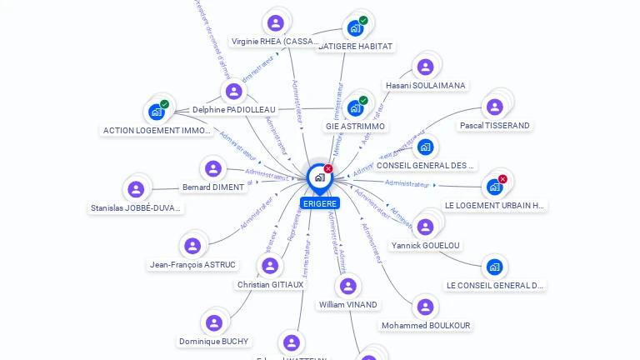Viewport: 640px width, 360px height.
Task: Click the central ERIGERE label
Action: point(320,203)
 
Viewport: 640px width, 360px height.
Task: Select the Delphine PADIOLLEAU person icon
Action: point(234,92)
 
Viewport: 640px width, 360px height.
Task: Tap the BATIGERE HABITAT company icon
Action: point(356,28)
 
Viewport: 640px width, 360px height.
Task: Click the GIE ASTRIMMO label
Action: point(356,127)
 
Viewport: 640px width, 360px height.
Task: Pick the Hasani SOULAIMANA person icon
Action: point(426,67)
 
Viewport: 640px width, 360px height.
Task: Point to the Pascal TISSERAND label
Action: point(494,126)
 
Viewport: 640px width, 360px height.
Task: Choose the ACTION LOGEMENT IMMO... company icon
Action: point(157,112)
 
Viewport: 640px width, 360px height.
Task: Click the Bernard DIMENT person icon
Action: point(214,169)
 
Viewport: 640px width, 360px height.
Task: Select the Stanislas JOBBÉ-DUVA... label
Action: point(136,208)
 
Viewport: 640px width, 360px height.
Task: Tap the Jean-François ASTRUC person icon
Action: point(192,247)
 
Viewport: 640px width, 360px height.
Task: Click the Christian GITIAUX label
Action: point(271,285)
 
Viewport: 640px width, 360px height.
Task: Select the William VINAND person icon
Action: point(348,287)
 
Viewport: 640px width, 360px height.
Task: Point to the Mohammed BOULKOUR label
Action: point(426,326)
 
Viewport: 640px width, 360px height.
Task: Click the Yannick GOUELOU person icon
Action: point(426,227)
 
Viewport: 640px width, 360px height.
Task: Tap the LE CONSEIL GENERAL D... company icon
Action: point(495,267)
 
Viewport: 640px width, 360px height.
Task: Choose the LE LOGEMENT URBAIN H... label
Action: point(495,205)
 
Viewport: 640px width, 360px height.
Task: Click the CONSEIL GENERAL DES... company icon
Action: point(426,147)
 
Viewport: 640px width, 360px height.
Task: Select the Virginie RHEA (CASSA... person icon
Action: point(276,23)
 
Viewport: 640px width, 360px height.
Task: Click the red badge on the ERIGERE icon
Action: point(328,169)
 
